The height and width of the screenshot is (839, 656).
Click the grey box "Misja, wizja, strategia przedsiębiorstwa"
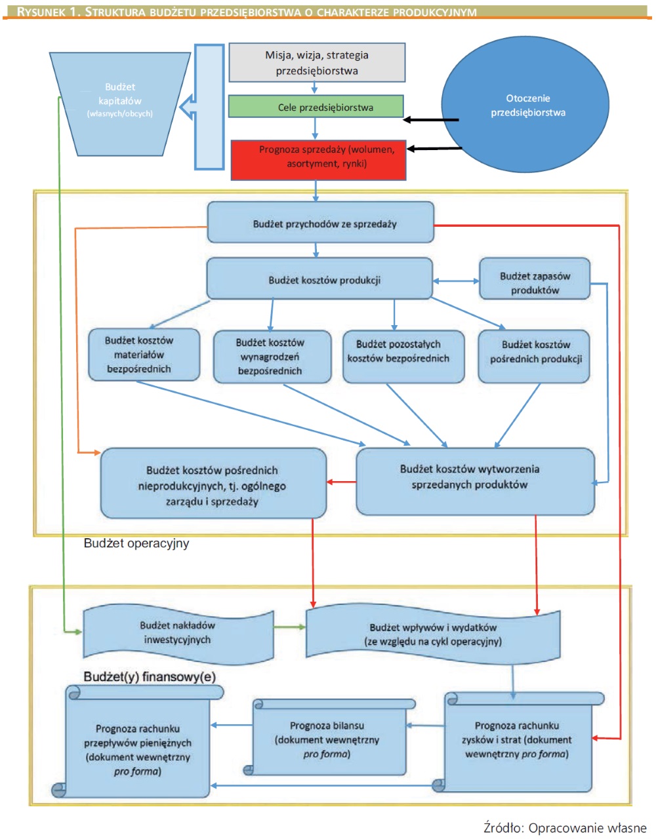click(x=317, y=62)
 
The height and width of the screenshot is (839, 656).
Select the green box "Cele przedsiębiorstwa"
click(x=316, y=107)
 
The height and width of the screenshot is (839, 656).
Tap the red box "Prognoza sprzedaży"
click(x=318, y=160)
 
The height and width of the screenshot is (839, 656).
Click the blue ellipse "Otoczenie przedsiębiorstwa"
click(x=525, y=105)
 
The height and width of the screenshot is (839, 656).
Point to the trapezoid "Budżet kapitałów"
click(x=120, y=104)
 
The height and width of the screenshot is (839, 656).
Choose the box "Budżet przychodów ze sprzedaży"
click(x=321, y=222)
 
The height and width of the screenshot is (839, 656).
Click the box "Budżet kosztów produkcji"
click(x=319, y=279)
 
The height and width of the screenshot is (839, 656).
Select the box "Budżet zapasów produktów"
click(x=535, y=279)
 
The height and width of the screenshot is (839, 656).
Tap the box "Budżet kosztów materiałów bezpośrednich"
click(x=144, y=355)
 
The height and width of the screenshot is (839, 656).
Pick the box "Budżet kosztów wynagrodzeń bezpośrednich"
click(x=272, y=357)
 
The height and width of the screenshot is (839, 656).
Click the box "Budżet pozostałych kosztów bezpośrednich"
click(x=403, y=357)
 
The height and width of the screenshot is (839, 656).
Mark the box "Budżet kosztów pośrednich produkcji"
click(x=534, y=357)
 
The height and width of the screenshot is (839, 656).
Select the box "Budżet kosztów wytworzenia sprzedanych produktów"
click(x=475, y=482)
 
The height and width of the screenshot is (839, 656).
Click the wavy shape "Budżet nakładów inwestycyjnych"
click(x=178, y=633)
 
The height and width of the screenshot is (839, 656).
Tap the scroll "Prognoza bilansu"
click(x=329, y=737)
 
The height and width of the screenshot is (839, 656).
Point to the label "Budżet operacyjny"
click(x=136, y=543)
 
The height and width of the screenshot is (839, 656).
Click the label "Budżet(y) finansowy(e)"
click(x=150, y=676)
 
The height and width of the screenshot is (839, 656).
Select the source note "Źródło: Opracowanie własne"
click(x=565, y=827)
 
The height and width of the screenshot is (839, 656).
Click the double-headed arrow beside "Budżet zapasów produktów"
click(x=456, y=281)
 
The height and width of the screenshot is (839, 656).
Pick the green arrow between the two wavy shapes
click(x=290, y=627)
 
